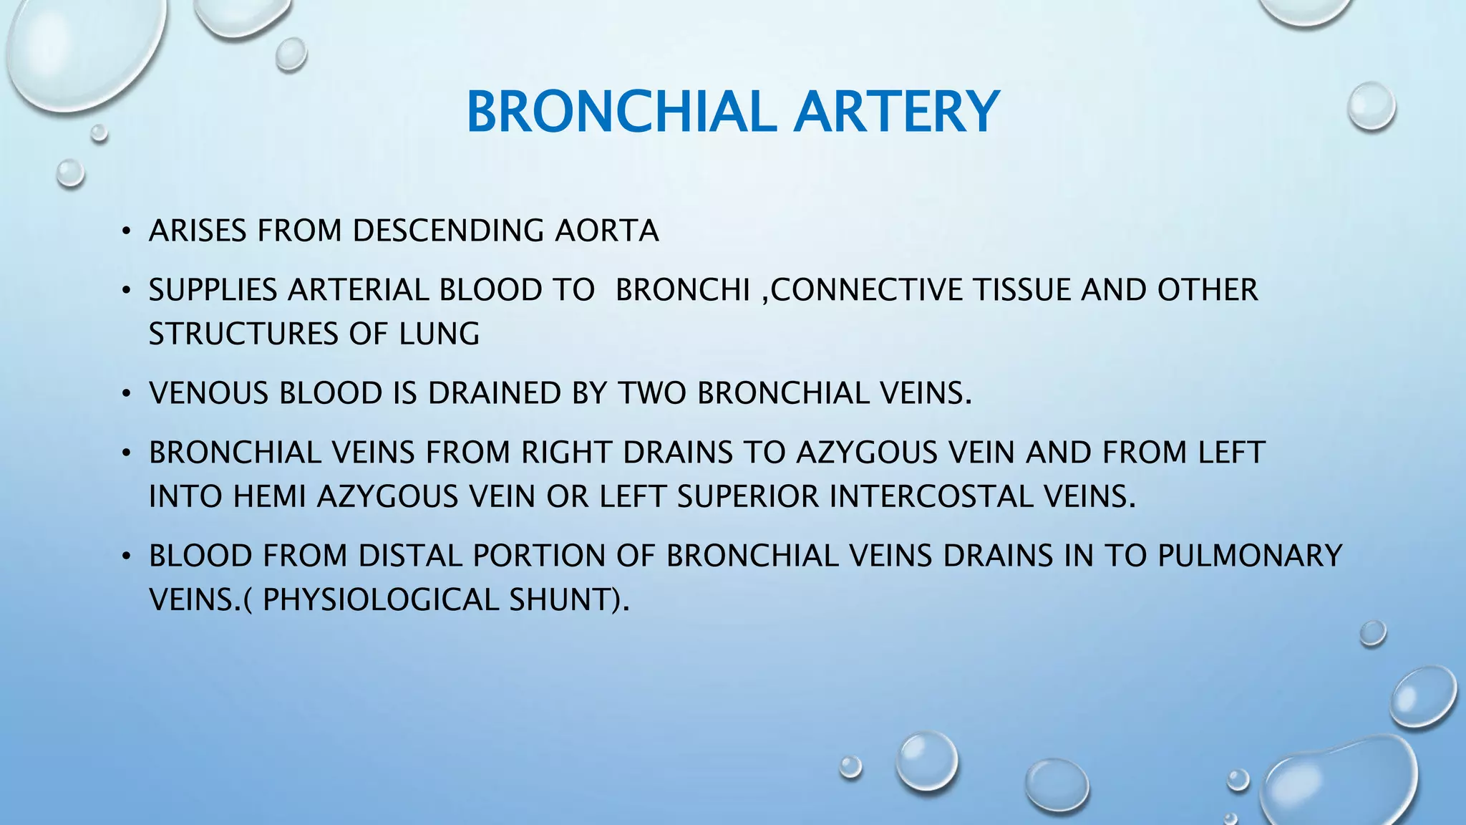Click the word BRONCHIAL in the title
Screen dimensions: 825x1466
point(621,112)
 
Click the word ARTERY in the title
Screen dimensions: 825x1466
point(896,112)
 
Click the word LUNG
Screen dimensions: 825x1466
point(439,334)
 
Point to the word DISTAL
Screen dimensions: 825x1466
point(409,556)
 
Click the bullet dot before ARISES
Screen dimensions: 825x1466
point(126,231)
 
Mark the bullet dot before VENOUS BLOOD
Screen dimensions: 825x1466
point(126,394)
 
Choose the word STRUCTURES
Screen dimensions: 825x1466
point(243,334)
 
